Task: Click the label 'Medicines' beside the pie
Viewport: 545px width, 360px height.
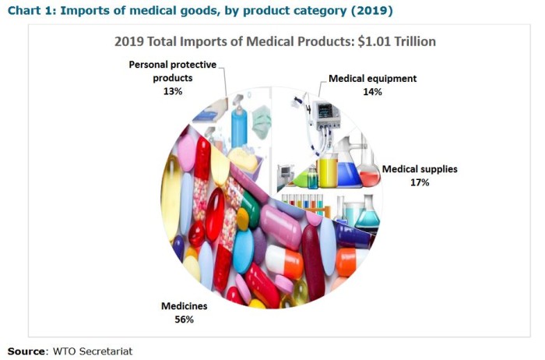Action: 185,306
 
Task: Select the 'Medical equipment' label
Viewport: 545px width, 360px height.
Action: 372,79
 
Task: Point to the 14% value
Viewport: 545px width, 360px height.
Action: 372,91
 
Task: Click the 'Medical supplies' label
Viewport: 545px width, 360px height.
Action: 420,168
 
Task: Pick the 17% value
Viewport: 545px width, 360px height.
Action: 420,182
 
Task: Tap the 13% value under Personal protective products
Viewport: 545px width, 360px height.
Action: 172,91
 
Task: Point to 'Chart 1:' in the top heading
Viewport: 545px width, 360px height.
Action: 33,11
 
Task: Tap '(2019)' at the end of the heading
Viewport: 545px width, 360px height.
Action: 371,11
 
